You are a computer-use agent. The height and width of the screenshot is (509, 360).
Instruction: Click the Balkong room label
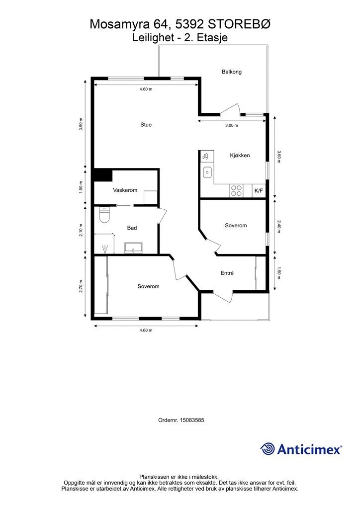[x=231, y=72]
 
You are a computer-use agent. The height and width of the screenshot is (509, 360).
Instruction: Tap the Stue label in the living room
[x=146, y=125]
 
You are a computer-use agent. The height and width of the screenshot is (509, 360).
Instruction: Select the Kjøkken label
[x=240, y=156]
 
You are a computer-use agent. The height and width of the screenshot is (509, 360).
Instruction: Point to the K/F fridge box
[x=259, y=191]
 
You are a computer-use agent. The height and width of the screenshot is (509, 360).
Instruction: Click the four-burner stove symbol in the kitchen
[x=236, y=190]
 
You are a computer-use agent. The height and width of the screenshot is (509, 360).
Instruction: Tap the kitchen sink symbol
[x=207, y=172]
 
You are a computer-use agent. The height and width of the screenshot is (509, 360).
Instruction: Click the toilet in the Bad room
[x=104, y=215]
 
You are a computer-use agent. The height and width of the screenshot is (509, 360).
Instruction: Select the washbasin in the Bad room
[x=133, y=248]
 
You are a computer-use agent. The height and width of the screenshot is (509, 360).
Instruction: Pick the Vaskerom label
[x=125, y=190]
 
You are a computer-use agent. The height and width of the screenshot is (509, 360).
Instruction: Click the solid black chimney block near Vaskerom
[x=102, y=175]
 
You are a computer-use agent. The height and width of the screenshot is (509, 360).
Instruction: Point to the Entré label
[x=227, y=273]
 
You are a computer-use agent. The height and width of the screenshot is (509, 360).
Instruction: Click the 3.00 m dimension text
[x=231, y=126]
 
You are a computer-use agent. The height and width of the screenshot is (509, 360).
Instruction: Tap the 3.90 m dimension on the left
[x=81, y=124]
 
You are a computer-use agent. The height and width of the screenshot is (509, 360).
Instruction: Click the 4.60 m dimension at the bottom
[x=146, y=331]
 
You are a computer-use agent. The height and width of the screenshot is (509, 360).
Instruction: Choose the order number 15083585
[x=191, y=420]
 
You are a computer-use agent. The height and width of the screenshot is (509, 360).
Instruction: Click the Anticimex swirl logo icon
[x=268, y=449]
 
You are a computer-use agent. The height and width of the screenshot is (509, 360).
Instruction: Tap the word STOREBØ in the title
[x=239, y=24]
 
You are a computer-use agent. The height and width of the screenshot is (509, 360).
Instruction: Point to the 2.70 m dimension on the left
[x=81, y=286]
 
